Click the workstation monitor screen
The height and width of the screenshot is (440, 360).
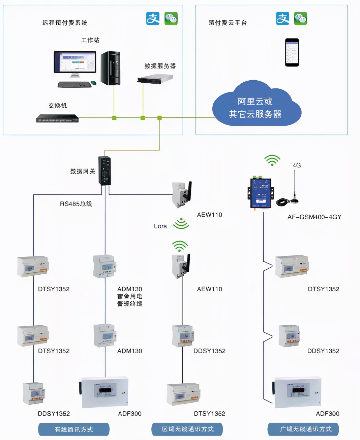point(75,62)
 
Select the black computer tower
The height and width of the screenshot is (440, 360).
point(110,68)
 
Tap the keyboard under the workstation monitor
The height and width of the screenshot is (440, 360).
point(74,84)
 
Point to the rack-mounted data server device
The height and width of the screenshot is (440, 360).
point(155,79)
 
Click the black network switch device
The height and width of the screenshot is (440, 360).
point(57,118)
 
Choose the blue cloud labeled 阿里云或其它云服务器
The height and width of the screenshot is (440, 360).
point(256,106)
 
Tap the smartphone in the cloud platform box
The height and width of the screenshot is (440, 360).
point(292,52)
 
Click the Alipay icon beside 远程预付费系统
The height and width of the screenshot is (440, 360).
point(153,19)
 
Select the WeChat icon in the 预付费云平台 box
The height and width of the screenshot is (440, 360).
point(300,19)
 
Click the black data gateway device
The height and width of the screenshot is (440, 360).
point(104,170)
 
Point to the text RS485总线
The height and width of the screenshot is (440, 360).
point(76,204)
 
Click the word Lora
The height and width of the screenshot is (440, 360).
point(160,226)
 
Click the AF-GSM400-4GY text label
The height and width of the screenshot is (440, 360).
point(314,217)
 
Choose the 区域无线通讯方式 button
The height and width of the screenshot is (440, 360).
point(187,429)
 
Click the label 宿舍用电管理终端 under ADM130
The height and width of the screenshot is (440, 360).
point(130,300)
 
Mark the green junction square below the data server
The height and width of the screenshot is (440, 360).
point(143,118)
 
